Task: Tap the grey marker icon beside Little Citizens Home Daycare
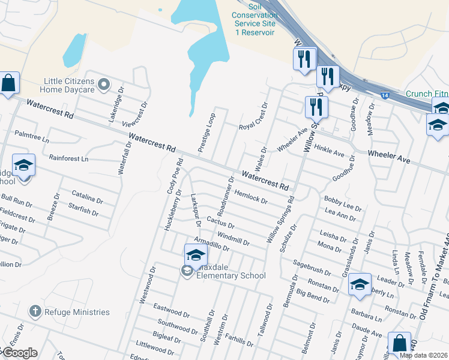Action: [104, 85]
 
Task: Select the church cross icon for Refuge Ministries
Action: [35, 311]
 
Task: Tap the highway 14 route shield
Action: [384, 94]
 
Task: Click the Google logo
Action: [19, 353]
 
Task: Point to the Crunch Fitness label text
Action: [426, 94]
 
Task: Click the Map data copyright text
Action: [423, 355]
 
